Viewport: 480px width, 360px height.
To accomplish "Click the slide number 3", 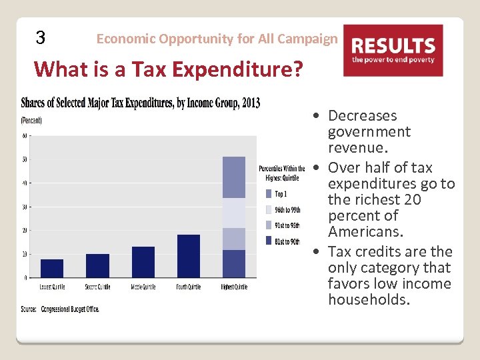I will (41, 38).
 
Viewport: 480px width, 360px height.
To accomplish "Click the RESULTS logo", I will (393, 50).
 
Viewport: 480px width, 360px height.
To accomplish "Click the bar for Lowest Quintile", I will (52, 268).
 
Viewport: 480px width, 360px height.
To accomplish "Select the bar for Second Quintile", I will (97, 265).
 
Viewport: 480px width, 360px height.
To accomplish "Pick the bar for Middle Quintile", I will (143, 262).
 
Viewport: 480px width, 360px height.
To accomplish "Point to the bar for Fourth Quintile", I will (189, 256).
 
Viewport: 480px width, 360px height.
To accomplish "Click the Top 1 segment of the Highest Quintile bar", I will (234, 177).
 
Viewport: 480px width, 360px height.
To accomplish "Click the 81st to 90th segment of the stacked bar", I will (234, 263).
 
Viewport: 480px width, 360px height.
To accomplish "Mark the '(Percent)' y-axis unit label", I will (31, 121).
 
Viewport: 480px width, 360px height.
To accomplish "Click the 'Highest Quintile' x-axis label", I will (234, 287).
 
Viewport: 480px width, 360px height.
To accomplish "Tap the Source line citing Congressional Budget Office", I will (60, 309).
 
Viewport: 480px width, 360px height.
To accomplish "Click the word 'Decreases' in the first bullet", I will (362, 116).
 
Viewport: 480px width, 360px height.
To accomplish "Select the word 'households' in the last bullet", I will (368, 300).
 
